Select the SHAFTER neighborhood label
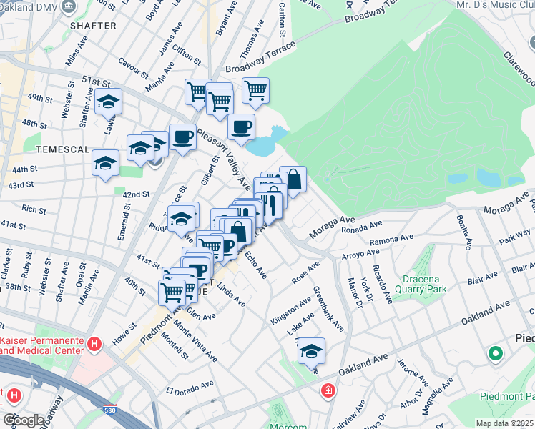click(x=93, y=26)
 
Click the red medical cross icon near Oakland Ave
click(x=328, y=391)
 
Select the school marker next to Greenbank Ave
click(x=311, y=351)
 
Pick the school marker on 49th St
click(x=108, y=102)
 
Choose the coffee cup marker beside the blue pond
click(x=241, y=127)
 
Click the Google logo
click(x=24, y=420)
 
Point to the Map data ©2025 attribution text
click(x=504, y=423)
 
